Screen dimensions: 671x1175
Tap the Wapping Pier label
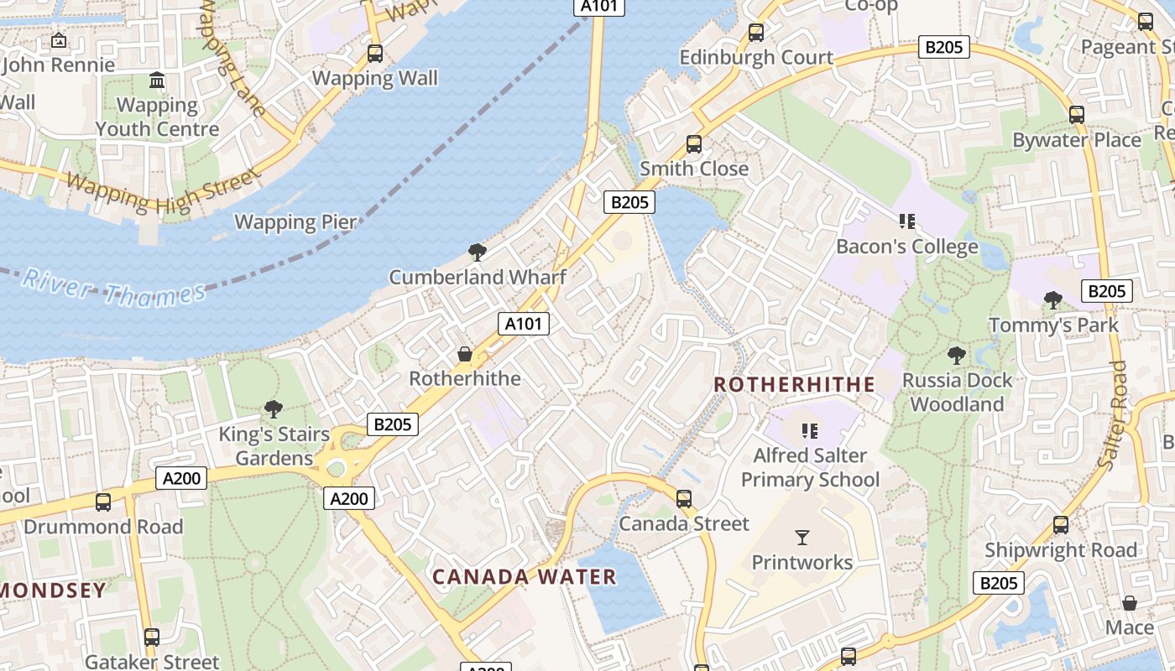(295, 222)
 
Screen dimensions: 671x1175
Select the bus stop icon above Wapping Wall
(375, 54)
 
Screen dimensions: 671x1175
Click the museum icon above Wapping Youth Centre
(157, 81)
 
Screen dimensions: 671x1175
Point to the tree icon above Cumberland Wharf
(477, 252)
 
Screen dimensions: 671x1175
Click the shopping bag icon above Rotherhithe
(465, 354)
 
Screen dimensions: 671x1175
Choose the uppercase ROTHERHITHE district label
(794, 385)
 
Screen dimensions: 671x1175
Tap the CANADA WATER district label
(525, 577)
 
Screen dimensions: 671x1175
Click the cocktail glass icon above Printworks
(802, 538)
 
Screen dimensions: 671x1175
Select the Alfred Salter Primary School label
(810, 467)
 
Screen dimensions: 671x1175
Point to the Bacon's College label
(906, 247)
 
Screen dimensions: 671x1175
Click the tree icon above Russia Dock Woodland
(956, 355)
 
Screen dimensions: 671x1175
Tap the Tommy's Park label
(1053, 325)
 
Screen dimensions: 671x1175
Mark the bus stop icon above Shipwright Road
(1061, 525)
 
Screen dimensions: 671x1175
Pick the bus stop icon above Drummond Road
(103, 502)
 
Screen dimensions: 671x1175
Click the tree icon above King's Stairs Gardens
(273, 409)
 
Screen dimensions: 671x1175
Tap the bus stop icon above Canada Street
(684, 499)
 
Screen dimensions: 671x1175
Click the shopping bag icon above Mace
(1130, 603)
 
